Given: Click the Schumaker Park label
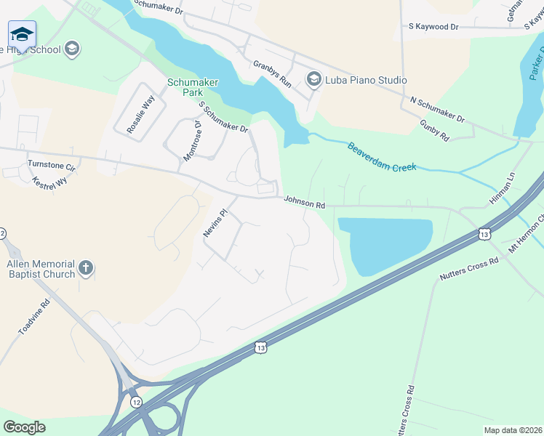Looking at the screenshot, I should pos(193,87).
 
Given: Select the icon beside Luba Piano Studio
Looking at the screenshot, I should pos(314,79).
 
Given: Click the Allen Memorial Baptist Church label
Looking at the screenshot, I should pos(41,269).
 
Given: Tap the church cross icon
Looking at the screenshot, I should pos(86,269).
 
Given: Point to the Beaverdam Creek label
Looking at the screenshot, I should pos(382,156).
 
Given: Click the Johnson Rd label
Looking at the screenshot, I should pos(304,201).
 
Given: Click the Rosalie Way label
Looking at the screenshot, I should pos(140,114).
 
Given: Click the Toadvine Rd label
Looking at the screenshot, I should pos(33,316).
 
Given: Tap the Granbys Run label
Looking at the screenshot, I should pos(272,73).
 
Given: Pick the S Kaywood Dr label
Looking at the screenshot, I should pos(431,27).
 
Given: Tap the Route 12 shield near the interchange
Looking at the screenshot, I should pos(135,401).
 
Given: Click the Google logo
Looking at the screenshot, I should pos(24,427).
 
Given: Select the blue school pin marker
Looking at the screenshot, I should pos(22,35).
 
